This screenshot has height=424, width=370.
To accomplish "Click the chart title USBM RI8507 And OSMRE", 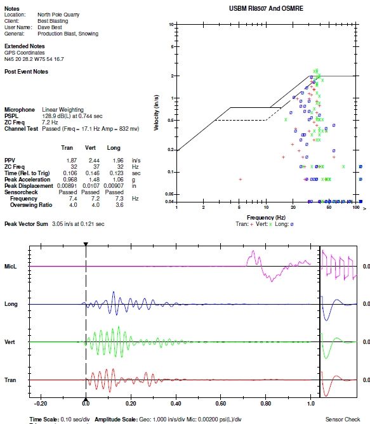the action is coord(266,8).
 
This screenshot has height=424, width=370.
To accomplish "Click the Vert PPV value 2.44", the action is coord(94,161).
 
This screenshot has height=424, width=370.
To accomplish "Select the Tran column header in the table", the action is coord(67,148).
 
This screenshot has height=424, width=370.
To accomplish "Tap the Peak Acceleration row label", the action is coord(27,180).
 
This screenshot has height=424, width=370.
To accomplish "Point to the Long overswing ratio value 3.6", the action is coord(119,205).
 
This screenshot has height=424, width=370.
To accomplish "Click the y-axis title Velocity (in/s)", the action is coord(156,113).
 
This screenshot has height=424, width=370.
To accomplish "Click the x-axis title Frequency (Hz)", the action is coord(266,218).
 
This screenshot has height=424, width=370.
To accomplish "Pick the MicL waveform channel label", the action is coord(10,267).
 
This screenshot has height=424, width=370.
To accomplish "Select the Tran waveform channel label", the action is coord(10,380).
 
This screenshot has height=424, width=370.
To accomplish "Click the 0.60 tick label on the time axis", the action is coord(221,404).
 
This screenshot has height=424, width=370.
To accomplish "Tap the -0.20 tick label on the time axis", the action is coord(41,404).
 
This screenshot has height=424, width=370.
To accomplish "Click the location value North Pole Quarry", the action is coord(58,15).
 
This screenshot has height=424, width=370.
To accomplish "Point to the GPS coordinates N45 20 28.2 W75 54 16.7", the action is coord(34,59).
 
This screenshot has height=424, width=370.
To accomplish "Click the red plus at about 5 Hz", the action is coord(240,179).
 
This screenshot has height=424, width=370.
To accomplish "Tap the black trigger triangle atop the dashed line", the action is coord(86,244).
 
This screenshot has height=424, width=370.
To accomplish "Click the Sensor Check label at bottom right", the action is coord(343,420).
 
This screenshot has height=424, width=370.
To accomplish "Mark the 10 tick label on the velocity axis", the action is coord(171,25).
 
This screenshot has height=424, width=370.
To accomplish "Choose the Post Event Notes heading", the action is coord(26,72).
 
